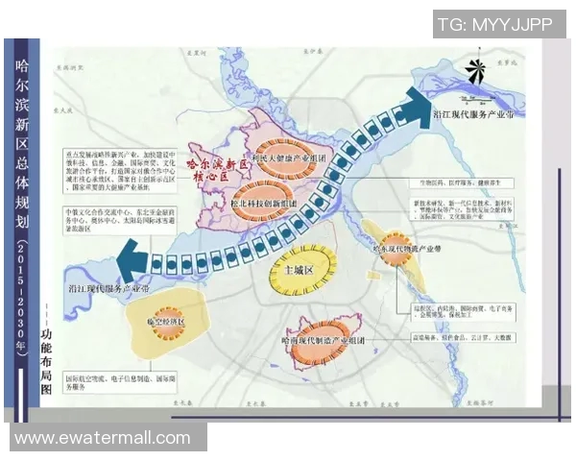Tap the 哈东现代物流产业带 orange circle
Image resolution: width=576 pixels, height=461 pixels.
(x=394, y=244)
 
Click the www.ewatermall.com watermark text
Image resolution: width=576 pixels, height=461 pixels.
(x=103, y=438)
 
